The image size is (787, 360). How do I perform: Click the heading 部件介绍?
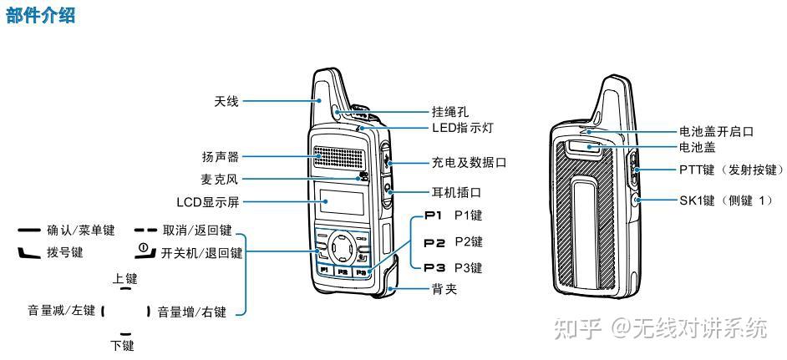(40, 16)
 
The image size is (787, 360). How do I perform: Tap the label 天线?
(226, 102)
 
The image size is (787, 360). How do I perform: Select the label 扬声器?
(221, 156)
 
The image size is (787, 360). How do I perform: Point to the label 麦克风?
(220, 179)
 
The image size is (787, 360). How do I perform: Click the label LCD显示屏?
(208, 202)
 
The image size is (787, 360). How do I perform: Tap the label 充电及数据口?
(469, 163)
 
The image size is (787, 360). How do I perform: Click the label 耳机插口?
(456, 192)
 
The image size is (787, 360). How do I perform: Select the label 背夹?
(444, 289)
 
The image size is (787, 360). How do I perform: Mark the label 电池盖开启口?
(716, 132)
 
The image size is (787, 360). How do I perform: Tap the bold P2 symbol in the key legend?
(434, 242)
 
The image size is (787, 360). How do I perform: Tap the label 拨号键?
(65, 252)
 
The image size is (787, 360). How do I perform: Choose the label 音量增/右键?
(192, 312)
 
